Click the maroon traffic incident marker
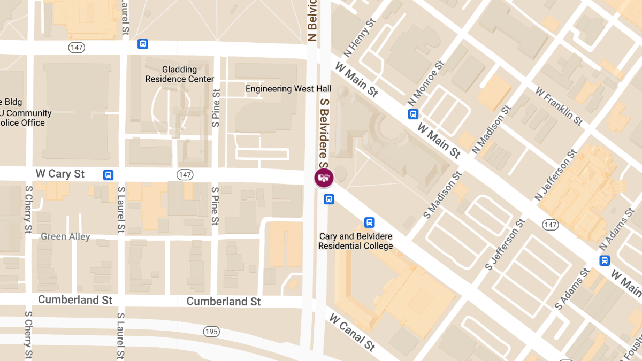tap(324, 178)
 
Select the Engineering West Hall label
tap(288, 89)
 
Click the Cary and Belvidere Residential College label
tap(356, 241)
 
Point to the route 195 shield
tap(211, 332)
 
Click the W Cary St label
tap(60, 174)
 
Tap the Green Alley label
tap(65, 236)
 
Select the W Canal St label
tap(352, 333)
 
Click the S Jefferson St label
tap(503, 244)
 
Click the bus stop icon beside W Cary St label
tap(108, 174)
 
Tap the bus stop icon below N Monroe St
tap(413, 114)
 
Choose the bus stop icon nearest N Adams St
tap(605, 260)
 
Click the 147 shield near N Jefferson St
tap(551, 225)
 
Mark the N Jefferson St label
tap(556, 176)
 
